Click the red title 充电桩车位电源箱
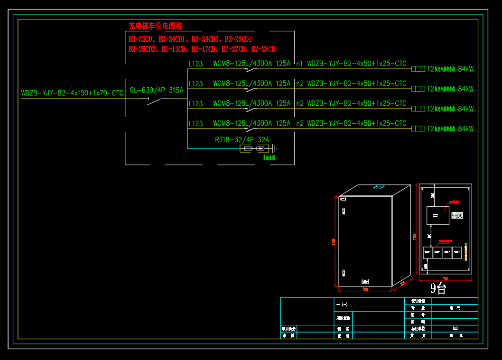[155, 26]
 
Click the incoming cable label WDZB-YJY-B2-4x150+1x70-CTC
[72, 93]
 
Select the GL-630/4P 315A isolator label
[156, 90]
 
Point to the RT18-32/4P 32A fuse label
[242, 140]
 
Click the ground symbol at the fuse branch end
[274, 149]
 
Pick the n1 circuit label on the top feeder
[299, 64]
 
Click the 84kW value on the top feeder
[465, 69]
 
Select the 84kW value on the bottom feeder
[465, 129]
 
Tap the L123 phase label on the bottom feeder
[196, 124]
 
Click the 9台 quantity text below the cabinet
[438, 287]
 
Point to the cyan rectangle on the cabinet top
[381, 186]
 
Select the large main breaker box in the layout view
[437, 215]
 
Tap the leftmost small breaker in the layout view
[427, 252]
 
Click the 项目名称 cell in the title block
[343, 318]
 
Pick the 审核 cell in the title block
[288, 335]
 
